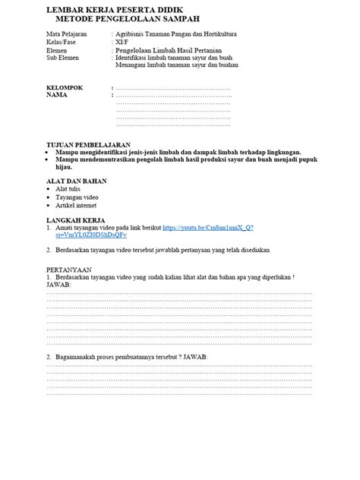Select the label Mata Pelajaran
coord(65,35)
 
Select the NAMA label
coord(57,96)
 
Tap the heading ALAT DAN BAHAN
coord(76,182)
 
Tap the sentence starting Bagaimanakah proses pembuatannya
coord(129,356)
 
